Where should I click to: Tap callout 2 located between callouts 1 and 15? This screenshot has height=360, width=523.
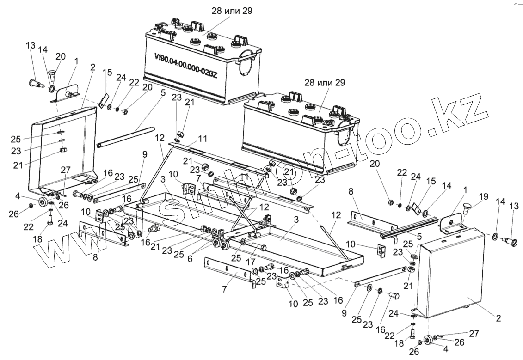coord(93,67)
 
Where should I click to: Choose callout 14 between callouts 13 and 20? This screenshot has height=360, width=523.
coord(43,49)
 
